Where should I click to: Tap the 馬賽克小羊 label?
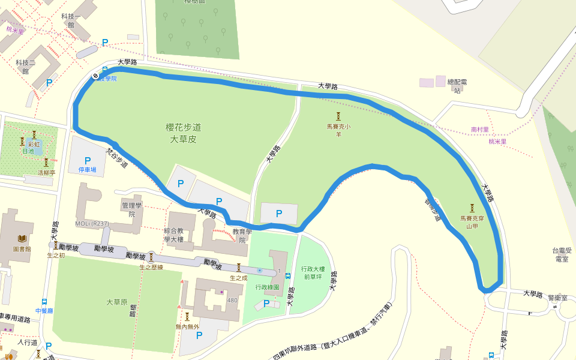338,130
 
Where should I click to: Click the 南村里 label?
480,129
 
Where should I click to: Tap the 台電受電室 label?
562,255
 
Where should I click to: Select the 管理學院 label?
130,209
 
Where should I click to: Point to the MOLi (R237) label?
92,224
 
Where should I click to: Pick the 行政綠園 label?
267,287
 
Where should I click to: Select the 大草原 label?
117,302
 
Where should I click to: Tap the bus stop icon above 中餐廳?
44,302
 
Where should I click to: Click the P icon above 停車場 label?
88,161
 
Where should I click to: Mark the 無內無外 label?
186,326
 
